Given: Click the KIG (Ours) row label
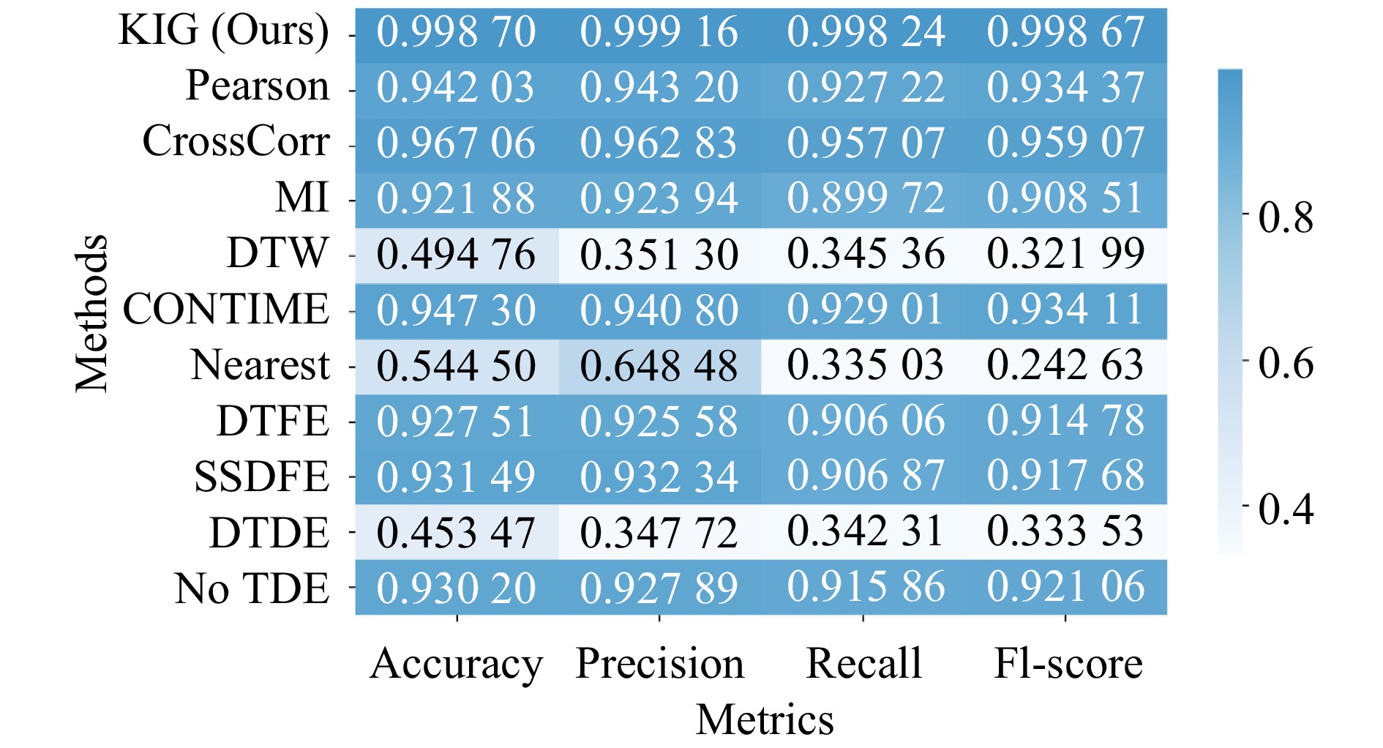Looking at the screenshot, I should (223, 31).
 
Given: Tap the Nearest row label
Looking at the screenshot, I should (260, 364).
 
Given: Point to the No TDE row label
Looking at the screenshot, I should (252, 588).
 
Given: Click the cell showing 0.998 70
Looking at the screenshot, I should (456, 32).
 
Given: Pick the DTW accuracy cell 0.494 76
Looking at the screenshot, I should (456, 255).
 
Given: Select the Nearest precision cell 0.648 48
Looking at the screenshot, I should (659, 366).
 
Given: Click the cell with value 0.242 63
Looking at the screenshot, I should (1065, 364).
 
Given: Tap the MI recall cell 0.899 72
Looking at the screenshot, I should (865, 198).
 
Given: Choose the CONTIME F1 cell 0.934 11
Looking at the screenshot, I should (1065, 310).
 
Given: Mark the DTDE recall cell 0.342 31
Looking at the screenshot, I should (865, 531).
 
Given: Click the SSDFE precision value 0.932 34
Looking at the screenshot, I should (659, 476).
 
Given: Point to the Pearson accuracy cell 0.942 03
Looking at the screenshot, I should (456, 87).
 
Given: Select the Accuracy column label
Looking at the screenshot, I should (456, 664).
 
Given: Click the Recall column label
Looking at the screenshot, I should (863, 663).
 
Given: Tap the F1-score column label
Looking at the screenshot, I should (1068, 663).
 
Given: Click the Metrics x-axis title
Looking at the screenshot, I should (764, 719).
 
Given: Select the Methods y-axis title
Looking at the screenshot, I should (92, 313).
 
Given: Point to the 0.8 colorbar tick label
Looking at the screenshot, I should (1286, 217).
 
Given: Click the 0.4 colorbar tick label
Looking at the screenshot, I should (1286, 508).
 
